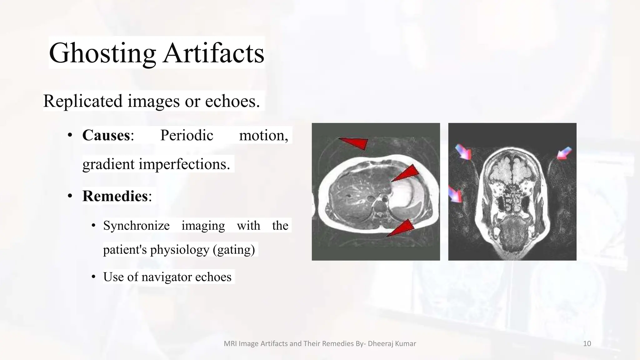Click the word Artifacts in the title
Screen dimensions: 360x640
(x=214, y=53)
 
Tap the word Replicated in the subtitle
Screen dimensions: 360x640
(x=82, y=101)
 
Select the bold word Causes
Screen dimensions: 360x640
(x=106, y=135)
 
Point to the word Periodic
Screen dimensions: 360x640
(x=187, y=135)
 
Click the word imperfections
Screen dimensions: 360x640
(x=184, y=164)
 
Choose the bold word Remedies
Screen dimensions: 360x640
(x=115, y=196)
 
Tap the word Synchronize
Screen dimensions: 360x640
(x=136, y=226)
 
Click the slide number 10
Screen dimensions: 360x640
(x=587, y=344)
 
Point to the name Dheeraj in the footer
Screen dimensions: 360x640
(x=378, y=344)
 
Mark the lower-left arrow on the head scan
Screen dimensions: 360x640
(x=455, y=194)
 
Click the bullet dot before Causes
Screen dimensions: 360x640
(x=70, y=136)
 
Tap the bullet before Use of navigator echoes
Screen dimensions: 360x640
(x=93, y=277)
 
